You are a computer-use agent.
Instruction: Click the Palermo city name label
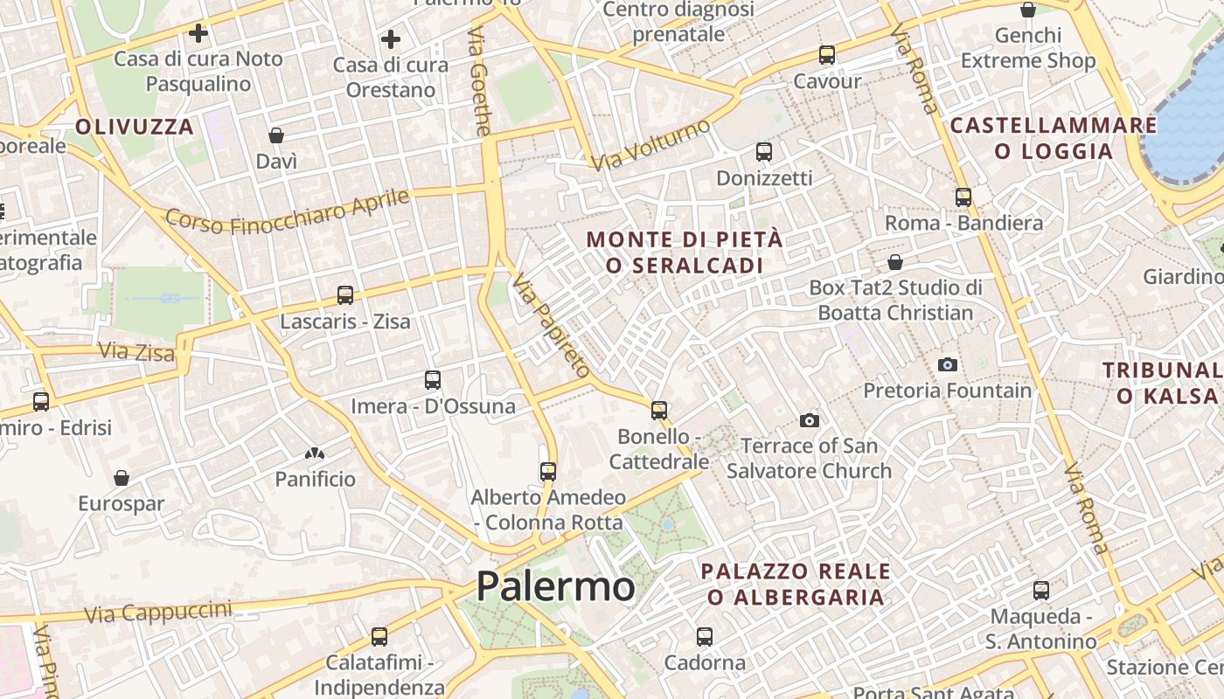[x=555, y=585]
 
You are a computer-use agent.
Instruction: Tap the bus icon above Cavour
[x=827, y=55]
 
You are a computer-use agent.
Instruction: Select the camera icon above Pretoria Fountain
[x=947, y=364]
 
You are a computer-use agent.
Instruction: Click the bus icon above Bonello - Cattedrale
[x=659, y=410]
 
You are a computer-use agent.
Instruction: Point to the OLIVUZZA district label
[x=135, y=127]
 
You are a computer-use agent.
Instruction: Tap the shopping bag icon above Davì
[x=276, y=135]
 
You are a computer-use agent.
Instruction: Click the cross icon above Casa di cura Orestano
[x=391, y=39]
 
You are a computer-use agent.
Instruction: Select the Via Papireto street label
[x=552, y=326]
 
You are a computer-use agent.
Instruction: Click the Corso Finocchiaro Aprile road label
[x=288, y=211]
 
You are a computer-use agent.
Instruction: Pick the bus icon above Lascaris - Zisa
[x=345, y=295]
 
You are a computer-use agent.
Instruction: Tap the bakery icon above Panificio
[x=315, y=453]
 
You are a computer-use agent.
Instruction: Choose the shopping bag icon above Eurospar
[x=122, y=478]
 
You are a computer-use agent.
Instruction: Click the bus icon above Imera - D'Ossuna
[x=433, y=380]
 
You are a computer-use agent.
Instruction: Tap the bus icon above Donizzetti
[x=764, y=152]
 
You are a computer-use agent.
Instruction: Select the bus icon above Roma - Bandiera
[x=963, y=197]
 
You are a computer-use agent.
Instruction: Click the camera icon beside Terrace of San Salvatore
[x=810, y=420]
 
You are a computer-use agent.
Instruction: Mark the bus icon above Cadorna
[x=705, y=637]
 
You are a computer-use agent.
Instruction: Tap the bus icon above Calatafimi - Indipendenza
[x=379, y=637]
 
